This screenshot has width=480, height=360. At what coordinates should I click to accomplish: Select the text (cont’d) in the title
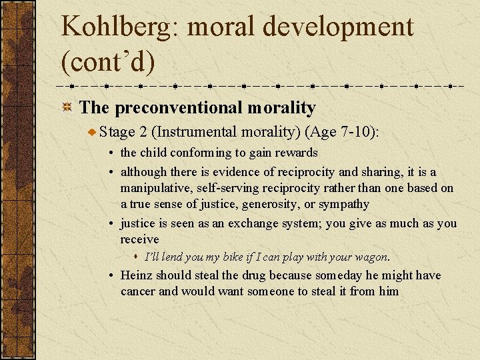107,61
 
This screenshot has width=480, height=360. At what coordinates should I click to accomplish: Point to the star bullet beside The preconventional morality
67,108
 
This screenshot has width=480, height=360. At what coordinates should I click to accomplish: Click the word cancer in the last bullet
139,291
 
